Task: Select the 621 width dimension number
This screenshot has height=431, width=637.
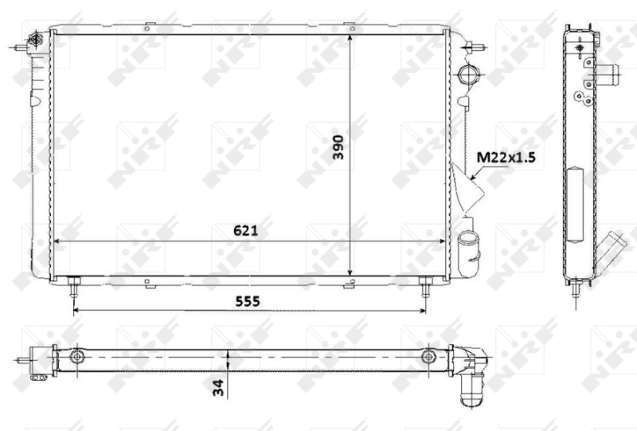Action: click(x=244, y=230)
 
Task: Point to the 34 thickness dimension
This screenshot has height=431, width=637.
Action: click(x=217, y=387)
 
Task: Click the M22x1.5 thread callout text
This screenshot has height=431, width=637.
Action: click(x=506, y=157)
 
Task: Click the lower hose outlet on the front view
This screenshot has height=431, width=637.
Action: click(x=467, y=244)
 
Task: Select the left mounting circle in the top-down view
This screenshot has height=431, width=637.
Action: click(x=76, y=356)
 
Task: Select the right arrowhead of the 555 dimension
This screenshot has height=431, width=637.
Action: click(x=421, y=311)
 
